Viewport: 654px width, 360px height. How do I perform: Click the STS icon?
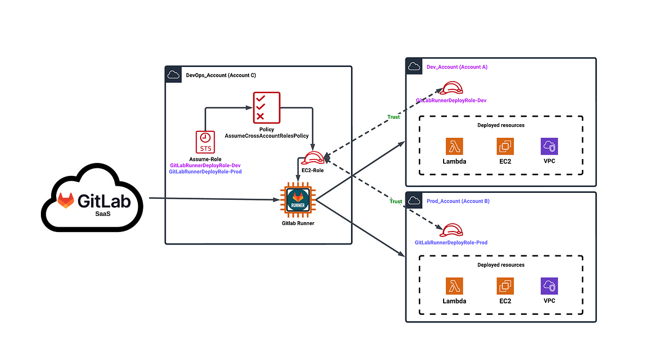(x=205, y=142)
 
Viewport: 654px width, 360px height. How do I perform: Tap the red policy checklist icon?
(x=267, y=108)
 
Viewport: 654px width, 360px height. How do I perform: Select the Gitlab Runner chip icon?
(x=298, y=200)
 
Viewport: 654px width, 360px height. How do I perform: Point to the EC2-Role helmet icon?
(x=313, y=158)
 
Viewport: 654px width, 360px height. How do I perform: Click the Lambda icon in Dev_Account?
(x=455, y=146)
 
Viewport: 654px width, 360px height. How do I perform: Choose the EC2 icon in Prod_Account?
(x=505, y=286)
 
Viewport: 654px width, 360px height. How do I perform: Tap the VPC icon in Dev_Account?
(x=549, y=146)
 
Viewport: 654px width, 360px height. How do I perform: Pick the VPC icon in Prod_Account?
(x=549, y=286)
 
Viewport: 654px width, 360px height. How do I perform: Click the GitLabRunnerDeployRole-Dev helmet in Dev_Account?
(x=451, y=88)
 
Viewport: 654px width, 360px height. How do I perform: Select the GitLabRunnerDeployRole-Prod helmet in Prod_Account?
(x=451, y=230)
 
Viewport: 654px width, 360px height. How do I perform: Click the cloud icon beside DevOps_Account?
(x=173, y=75)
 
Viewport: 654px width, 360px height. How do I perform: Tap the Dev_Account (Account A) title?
(x=457, y=67)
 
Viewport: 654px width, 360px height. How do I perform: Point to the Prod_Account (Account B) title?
(x=458, y=202)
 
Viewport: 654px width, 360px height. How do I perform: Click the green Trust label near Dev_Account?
(x=393, y=117)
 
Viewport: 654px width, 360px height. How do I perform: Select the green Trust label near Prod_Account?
(x=396, y=202)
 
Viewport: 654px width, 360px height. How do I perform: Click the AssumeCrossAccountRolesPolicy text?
(x=267, y=136)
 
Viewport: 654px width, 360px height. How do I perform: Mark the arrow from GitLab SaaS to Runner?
(x=214, y=199)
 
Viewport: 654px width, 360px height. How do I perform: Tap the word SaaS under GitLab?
(x=103, y=214)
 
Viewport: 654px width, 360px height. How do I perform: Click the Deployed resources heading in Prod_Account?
(x=501, y=265)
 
